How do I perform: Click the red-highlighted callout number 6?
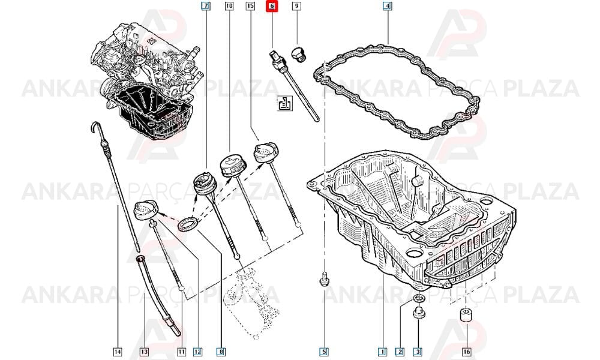click(272, 6)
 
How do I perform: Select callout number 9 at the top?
click(296, 6)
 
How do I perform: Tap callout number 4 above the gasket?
click(387, 6)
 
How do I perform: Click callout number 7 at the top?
click(206, 6)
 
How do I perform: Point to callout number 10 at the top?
click(229, 6)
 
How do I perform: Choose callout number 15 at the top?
click(250, 6)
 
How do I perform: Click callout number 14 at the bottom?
click(118, 352)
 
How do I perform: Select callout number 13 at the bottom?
click(144, 352)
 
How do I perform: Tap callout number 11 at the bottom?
click(181, 352)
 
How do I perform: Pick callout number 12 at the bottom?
click(197, 352)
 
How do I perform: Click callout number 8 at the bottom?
click(221, 352)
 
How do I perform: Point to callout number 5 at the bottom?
click(324, 352)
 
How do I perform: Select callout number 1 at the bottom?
click(382, 352)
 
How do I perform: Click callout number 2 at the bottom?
click(400, 352)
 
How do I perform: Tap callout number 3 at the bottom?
click(418, 352)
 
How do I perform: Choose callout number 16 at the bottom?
click(466, 352)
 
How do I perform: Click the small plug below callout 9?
click(298, 55)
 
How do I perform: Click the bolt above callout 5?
click(324, 280)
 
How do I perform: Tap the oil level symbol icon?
click(284, 103)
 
